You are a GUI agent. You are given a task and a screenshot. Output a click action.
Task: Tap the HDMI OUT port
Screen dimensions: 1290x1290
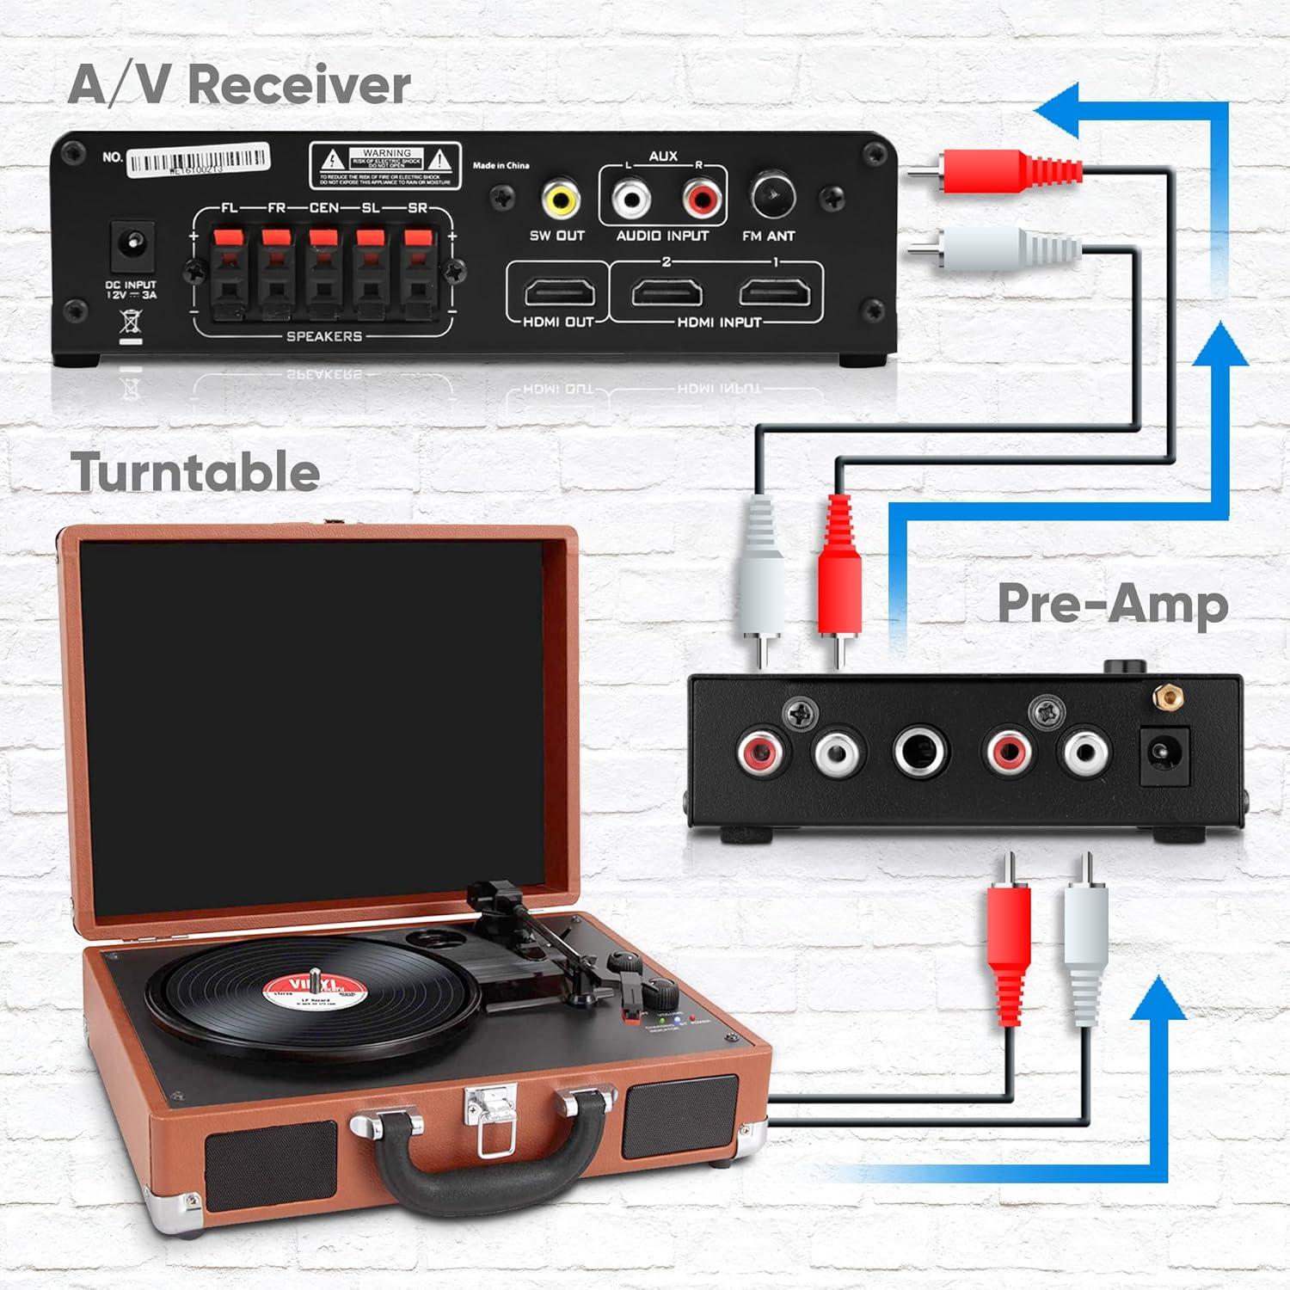(559, 293)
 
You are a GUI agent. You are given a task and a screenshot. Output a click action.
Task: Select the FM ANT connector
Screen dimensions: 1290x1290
(773, 196)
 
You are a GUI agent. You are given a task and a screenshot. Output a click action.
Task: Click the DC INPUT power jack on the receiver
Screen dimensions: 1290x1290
(132, 247)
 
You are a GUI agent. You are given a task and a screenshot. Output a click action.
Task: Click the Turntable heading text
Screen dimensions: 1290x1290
(195, 472)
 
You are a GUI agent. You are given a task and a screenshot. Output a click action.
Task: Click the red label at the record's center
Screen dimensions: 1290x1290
(313, 992)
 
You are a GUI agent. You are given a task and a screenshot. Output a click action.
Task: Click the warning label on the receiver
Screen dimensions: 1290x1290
(385, 165)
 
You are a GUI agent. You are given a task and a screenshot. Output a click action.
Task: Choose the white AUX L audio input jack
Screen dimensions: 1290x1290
(631, 200)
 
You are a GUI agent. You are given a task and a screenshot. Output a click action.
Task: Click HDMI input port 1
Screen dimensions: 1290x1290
(774, 293)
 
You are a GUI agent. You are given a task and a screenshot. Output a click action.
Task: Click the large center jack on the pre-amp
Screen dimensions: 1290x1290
(920, 752)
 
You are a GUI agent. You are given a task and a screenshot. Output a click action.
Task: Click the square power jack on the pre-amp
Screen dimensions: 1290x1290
(1164, 755)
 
